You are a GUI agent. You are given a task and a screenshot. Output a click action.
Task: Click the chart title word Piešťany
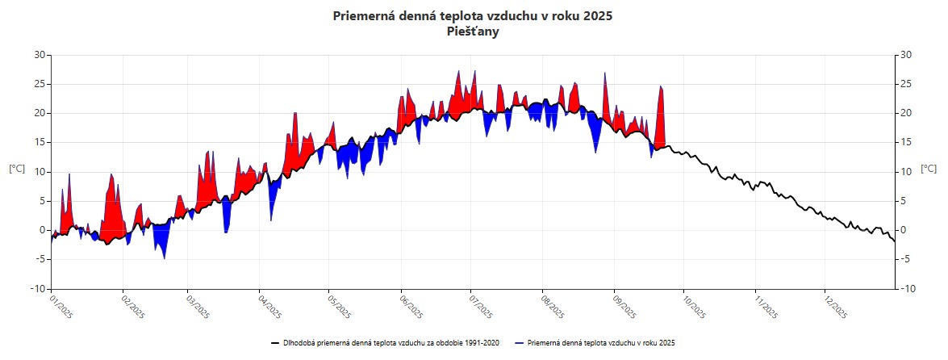(473, 32)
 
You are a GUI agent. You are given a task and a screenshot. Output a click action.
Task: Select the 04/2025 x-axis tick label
(269, 308)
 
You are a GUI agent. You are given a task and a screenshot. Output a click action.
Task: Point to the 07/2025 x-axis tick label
(482, 308)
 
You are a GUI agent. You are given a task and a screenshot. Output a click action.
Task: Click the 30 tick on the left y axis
(39, 55)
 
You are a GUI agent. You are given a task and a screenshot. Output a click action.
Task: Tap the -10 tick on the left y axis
(36, 289)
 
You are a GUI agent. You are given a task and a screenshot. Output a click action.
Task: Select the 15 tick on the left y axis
(39, 142)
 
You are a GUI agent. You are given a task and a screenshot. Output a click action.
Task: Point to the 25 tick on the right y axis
(906, 84)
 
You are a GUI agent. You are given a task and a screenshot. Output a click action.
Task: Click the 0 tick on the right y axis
(904, 230)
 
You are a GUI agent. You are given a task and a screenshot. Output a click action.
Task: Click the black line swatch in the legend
(275, 343)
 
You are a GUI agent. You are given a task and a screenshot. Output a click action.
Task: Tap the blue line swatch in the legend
(520, 343)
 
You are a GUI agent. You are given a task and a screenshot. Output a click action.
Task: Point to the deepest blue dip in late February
(165, 257)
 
